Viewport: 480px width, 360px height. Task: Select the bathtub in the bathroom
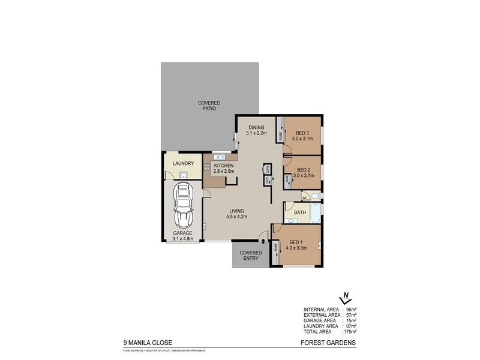click(316, 212)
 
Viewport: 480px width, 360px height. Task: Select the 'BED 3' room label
click(302, 133)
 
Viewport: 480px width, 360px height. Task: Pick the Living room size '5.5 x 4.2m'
click(238, 217)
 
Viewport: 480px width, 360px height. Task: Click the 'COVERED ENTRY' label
click(251, 256)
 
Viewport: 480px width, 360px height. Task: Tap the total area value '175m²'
click(349, 331)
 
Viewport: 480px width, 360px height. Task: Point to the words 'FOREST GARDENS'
click(328, 343)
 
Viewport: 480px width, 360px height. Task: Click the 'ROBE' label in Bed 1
click(276, 247)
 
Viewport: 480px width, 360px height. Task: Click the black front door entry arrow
click(263, 241)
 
